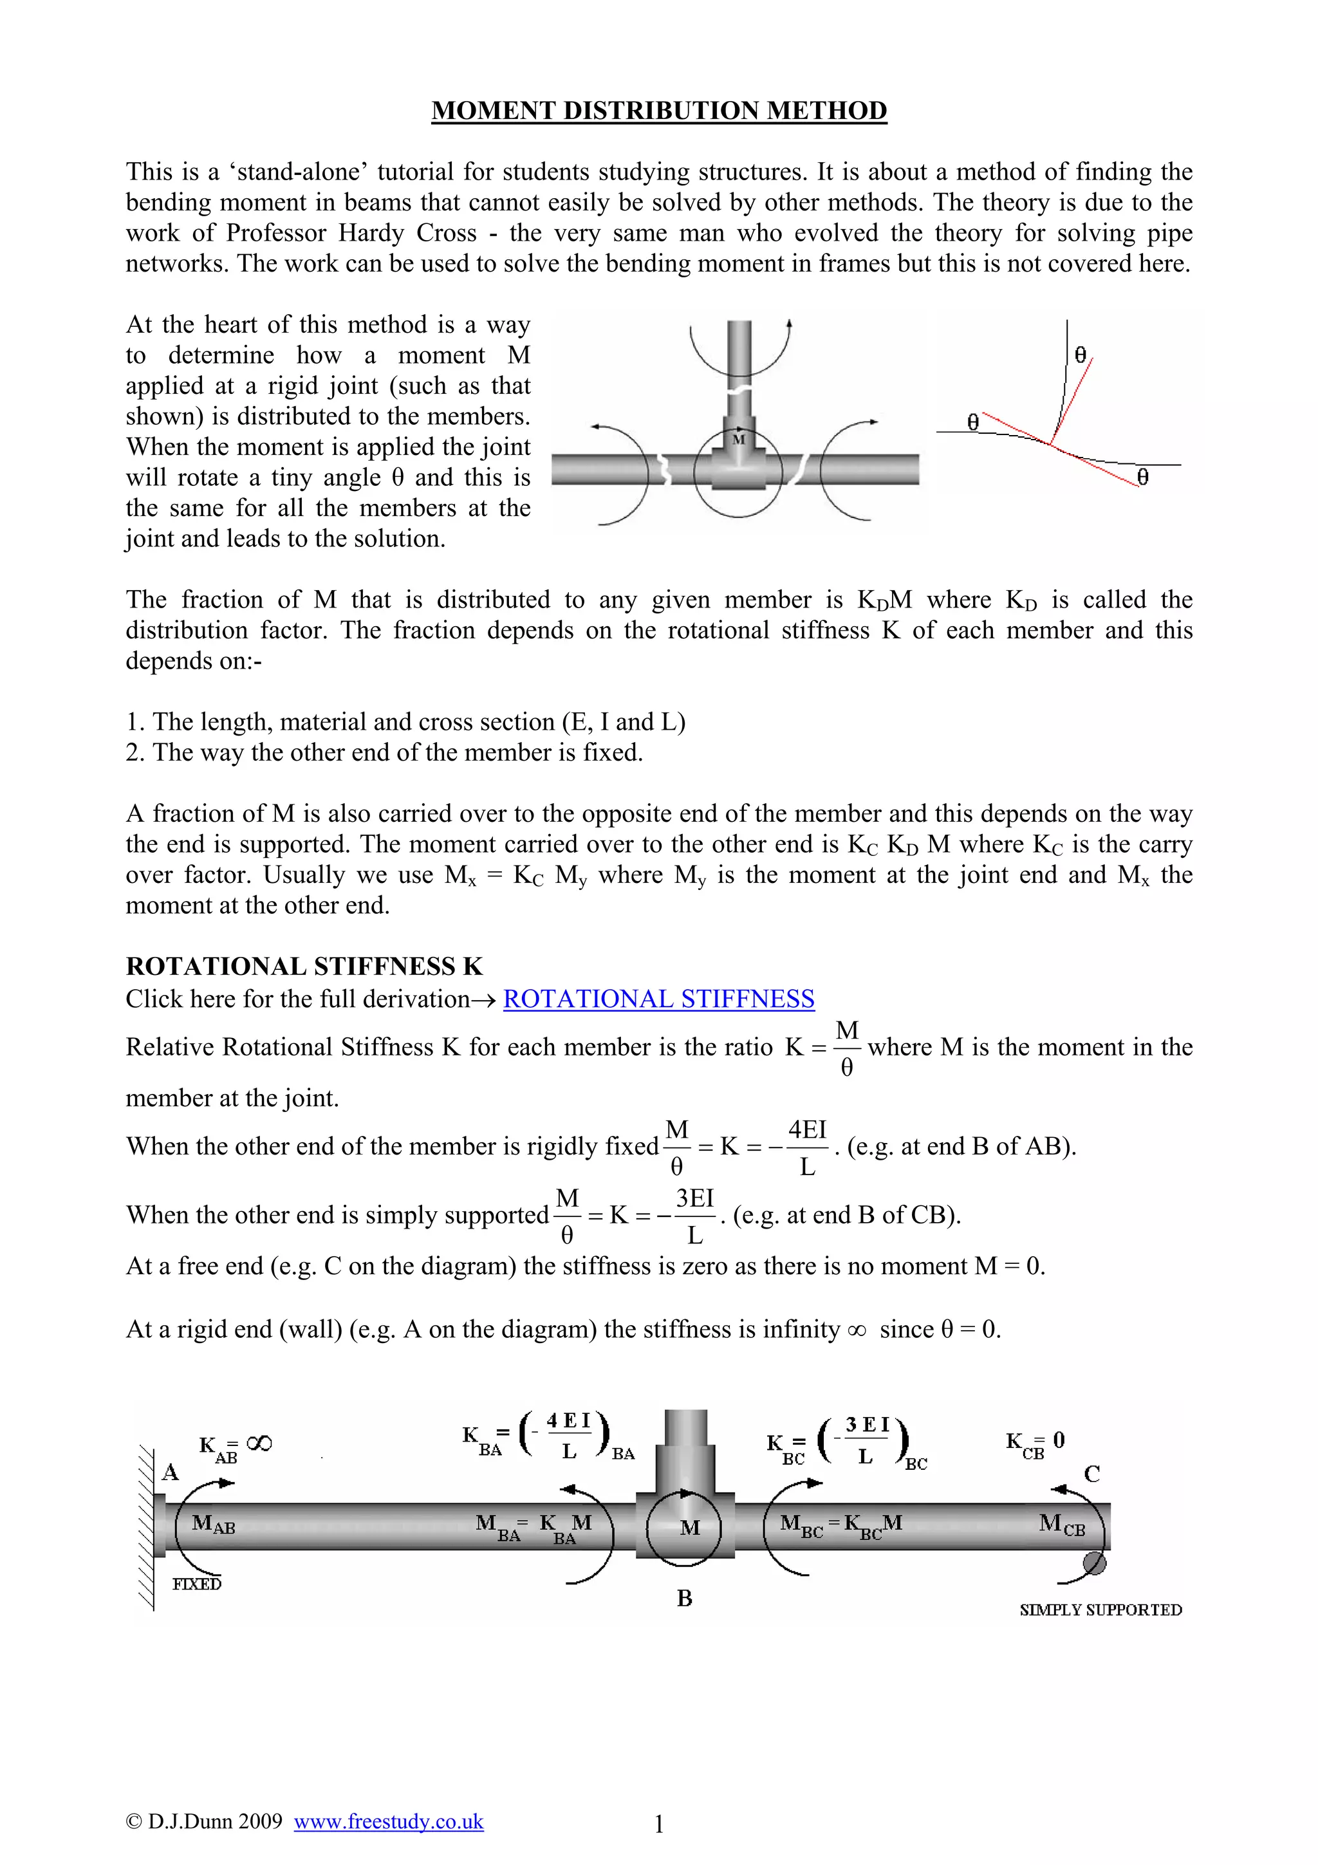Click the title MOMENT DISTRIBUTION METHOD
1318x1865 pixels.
pos(658,111)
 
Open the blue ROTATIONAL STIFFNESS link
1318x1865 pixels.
pos(658,998)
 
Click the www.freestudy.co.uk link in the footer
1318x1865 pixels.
pos(388,1821)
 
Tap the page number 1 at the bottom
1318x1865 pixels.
pos(658,1824)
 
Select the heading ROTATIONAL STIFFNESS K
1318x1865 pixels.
pos(304,966)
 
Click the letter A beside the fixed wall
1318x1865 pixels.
pos(170,1472)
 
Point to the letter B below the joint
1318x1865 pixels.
pos(685,1599)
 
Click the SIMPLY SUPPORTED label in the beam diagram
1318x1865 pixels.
pos(1100,1610)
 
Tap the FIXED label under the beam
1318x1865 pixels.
pos(196,1584)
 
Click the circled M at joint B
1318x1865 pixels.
pos(689,1528)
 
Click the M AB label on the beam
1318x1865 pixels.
pos(213,1525)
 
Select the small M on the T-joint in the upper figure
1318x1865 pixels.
pos(738,440)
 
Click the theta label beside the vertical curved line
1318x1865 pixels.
pos(1080,355)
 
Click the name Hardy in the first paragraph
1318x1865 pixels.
pos(368,232)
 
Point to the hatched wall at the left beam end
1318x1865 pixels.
pos(146,1527)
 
